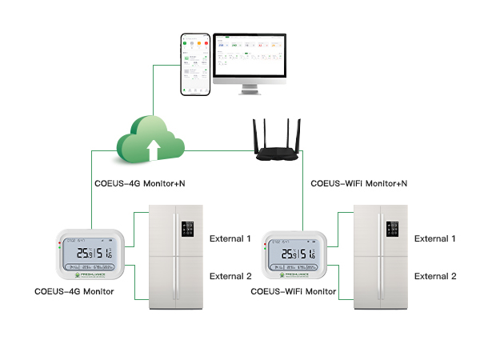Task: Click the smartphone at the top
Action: point(195,65)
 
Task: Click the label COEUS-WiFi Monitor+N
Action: point(359,184)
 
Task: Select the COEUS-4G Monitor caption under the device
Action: point(75,291)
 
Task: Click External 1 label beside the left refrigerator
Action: point(230,238)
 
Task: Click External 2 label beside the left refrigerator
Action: point(230,276)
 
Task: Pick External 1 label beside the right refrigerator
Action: point(435,238)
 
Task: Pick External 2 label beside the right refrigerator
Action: point(435,276)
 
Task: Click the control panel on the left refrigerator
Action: point(189,230)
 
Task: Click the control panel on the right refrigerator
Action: point(393,230)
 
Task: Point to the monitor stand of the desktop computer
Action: point(250,87)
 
